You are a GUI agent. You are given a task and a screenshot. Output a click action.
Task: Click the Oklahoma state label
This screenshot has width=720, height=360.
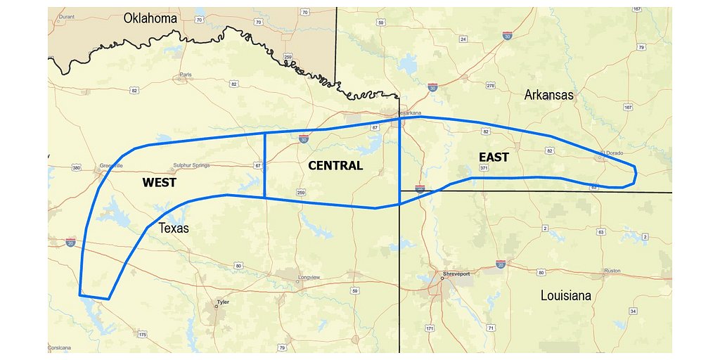point(150,18)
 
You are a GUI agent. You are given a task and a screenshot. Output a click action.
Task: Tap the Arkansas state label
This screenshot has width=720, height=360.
point(549,94)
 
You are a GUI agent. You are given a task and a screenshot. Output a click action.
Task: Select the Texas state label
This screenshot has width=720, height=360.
point(174,228)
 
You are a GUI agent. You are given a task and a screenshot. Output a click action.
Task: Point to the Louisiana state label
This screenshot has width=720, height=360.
point(565,295)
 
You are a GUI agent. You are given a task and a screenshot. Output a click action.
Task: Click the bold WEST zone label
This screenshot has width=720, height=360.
point(159,183)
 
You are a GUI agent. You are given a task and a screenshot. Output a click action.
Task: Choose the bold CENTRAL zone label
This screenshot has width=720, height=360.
point(335,166)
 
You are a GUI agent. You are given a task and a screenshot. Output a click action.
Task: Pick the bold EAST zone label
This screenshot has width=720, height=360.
point(494,157)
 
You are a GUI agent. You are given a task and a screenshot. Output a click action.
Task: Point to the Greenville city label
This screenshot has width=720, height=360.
point(111,165)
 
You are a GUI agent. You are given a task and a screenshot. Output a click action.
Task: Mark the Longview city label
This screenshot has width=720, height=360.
point(309,278)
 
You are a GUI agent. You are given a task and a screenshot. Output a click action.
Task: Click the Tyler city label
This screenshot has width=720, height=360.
point(224,302)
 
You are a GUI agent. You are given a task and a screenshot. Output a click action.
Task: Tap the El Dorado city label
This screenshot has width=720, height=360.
point(611,153)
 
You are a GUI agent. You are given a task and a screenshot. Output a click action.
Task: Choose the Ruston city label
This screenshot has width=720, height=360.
point(612,271)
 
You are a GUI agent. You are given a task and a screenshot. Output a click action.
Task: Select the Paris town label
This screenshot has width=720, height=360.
point(186,74)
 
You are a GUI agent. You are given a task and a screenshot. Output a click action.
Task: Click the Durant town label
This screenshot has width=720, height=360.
point(67,16)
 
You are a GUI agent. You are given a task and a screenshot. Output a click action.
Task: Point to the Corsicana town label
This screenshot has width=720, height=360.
point(60,348)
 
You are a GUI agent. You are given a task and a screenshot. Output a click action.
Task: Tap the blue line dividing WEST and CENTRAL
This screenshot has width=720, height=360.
point(264,165)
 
